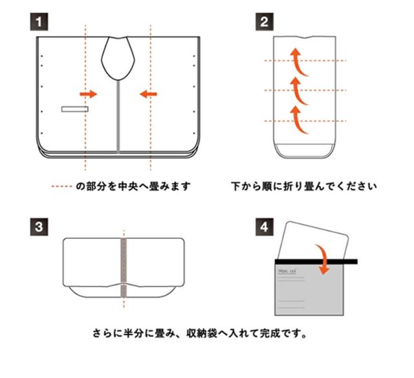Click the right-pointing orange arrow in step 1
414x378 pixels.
point(88,94)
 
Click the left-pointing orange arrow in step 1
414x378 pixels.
point(148,94)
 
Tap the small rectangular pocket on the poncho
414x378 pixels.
point(74,109)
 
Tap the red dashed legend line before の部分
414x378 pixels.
point(63,187)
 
